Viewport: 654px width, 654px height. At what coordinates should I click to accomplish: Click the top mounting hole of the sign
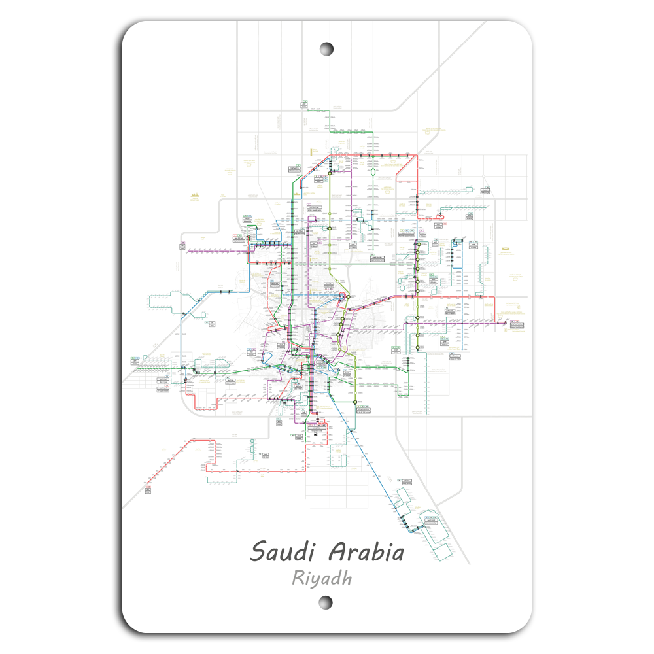click(x=327, y=49)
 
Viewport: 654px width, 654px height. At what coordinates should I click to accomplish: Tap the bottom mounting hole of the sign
click(x=326, y=602)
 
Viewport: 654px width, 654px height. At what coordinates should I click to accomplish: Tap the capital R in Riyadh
click(x=298, y=578)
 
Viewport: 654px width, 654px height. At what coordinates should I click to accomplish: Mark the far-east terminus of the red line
click(x=505, y=322)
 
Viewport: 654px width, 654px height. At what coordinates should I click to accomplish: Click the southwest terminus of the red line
click(x=148, y=487)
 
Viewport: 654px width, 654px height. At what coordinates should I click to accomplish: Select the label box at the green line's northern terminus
click(x=305, y=103)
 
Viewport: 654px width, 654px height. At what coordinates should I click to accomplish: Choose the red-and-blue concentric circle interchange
click(x=343, y=298)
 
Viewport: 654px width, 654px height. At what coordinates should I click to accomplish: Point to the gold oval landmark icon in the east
click(x=506, y=249)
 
